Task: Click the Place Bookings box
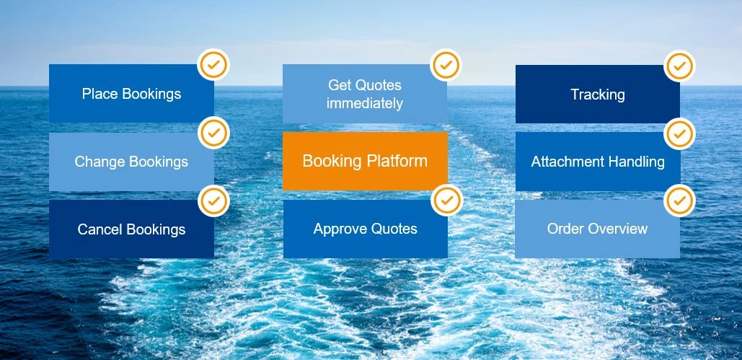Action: pos(131,93)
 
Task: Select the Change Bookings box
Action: pos(131,162)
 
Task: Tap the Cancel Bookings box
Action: pos(131,229)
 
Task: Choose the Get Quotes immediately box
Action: pos(365,94)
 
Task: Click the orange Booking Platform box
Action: pos(365,161)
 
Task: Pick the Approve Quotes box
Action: pos(365,229)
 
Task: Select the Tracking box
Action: pos(598,94)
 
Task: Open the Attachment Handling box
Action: pos(598,162)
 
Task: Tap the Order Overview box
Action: pos(597,229)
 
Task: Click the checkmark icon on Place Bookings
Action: pos(213,65)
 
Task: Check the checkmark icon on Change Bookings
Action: pos(213,133)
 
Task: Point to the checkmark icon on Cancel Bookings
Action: pos(213,201)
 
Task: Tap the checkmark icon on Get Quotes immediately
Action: pos(446,65)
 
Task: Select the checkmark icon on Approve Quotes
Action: pos(446,201)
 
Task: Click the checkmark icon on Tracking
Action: pos(679,66)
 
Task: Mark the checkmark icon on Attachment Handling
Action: pos(679,134)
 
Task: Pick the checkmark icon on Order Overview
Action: pos(679,201)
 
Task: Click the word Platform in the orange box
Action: pos(397,161)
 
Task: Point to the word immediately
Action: pos(365,103)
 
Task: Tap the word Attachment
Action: pos(561,162)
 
